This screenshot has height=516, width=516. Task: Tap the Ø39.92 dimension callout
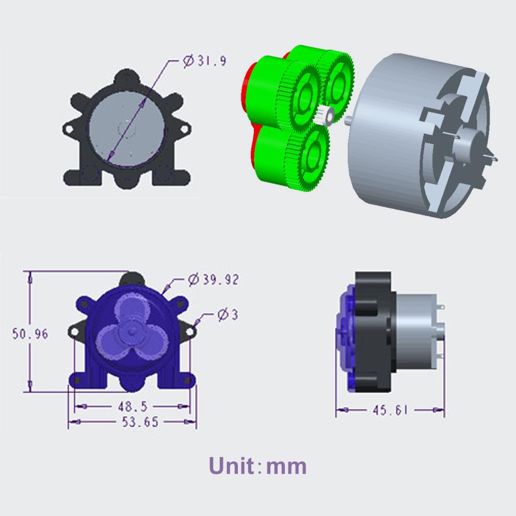click(x=213, y=280)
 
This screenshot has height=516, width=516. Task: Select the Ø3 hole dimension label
click(x=228, y=315)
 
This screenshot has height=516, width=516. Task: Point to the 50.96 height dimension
click(x=30, y=334)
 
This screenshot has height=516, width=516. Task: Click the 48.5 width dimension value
click(x=133, y=407)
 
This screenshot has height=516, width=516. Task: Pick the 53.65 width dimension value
click(x=140, y=422)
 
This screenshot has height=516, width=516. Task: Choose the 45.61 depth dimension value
click(x=390, y=410)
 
